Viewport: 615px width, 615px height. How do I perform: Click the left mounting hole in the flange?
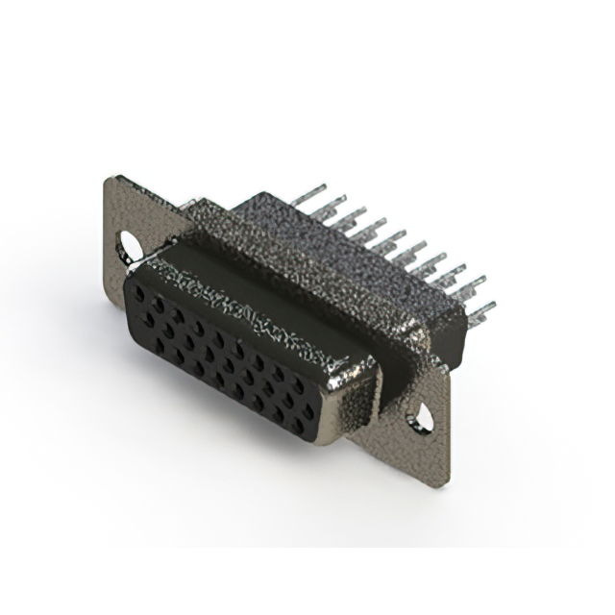point(128,246)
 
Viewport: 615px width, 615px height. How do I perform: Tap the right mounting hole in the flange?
point(420,416)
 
